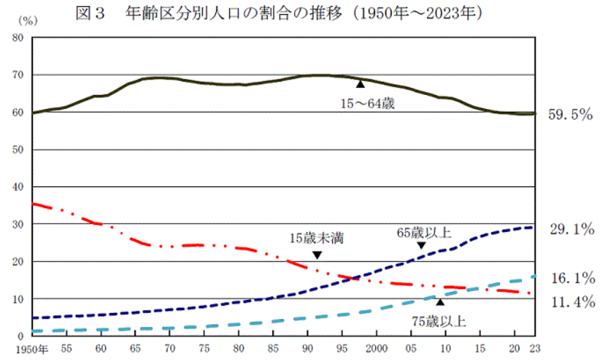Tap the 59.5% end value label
pos(571,113)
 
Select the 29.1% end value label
pos(571,229)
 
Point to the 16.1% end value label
pos(571,279)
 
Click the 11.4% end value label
pos(571,303)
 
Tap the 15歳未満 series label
pos(316,238)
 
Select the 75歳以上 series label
pos(440,322)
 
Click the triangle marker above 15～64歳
pos(360,84)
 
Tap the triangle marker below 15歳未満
pos(317,255)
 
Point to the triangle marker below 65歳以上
pos(421,245)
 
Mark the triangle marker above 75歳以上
pos(440,302)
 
